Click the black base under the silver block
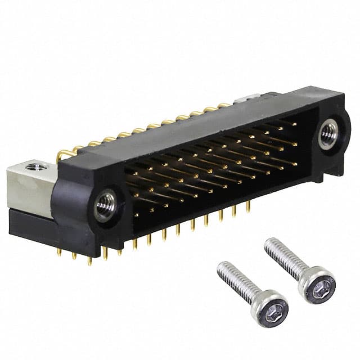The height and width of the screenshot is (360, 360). pos(31,222)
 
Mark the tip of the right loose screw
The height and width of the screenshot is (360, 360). pos(267,242)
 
